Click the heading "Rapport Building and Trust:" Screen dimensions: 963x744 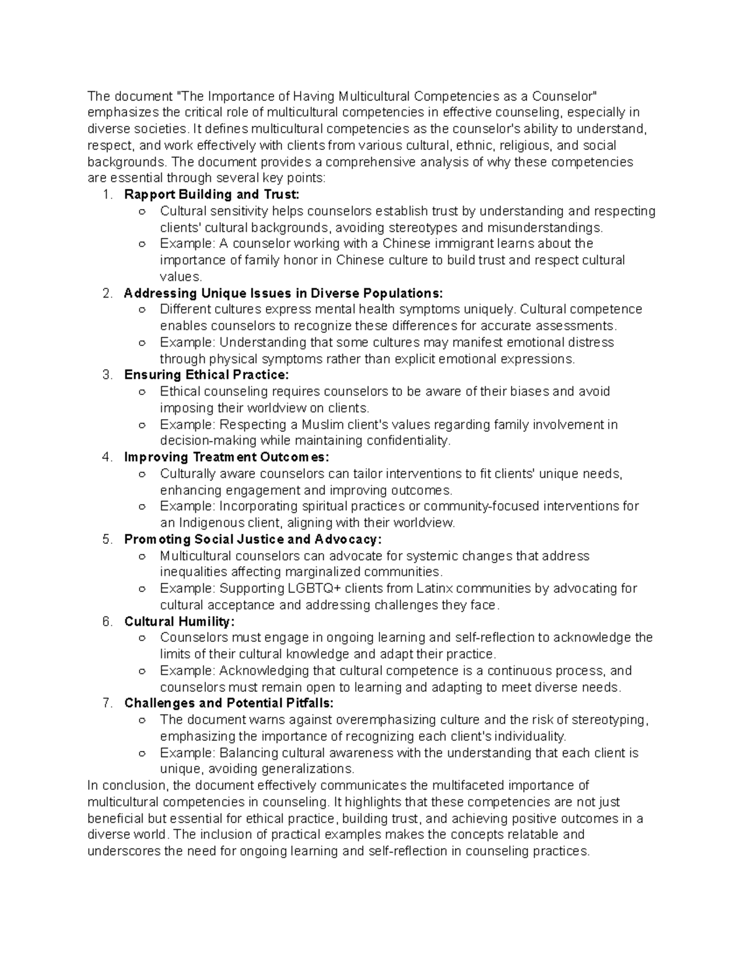pyautogui.click(x=211, y=194)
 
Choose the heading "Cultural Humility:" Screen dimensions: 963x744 pyautogui.click(x=180, y=621)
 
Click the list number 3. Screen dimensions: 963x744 pyautogui.click(x=107, y=375)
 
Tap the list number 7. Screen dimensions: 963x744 pyautogui.click(x=107, y=703)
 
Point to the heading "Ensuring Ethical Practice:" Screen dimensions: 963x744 pyautogui.click(x=206, y=375)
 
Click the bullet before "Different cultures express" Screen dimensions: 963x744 pyautogui.click(x=143, y=310)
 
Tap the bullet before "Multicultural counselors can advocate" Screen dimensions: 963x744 pyautogui.click(x=143, y=556)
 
